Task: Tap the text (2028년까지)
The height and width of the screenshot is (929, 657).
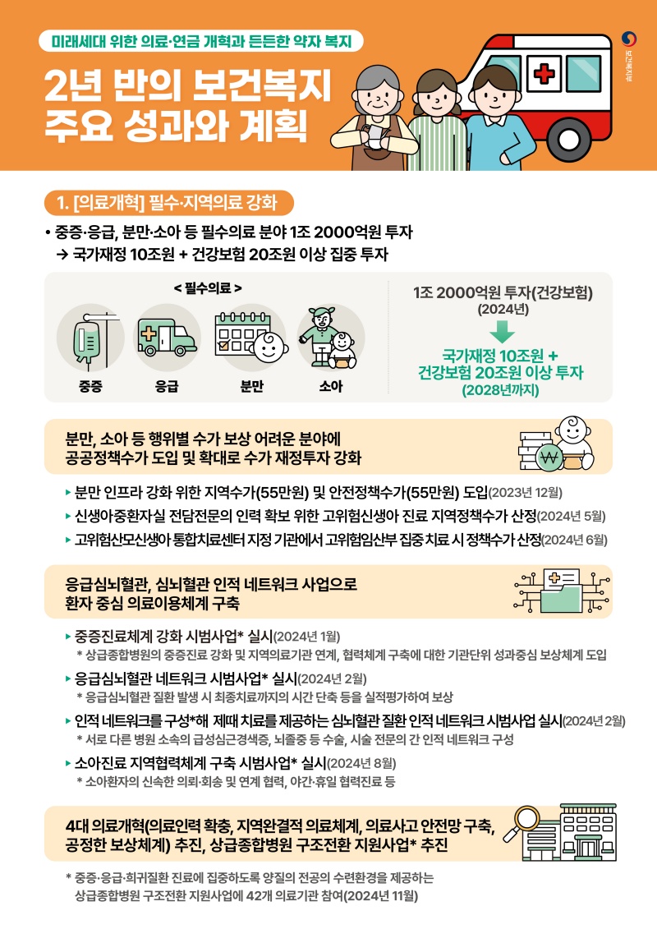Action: [x=500, y=390]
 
